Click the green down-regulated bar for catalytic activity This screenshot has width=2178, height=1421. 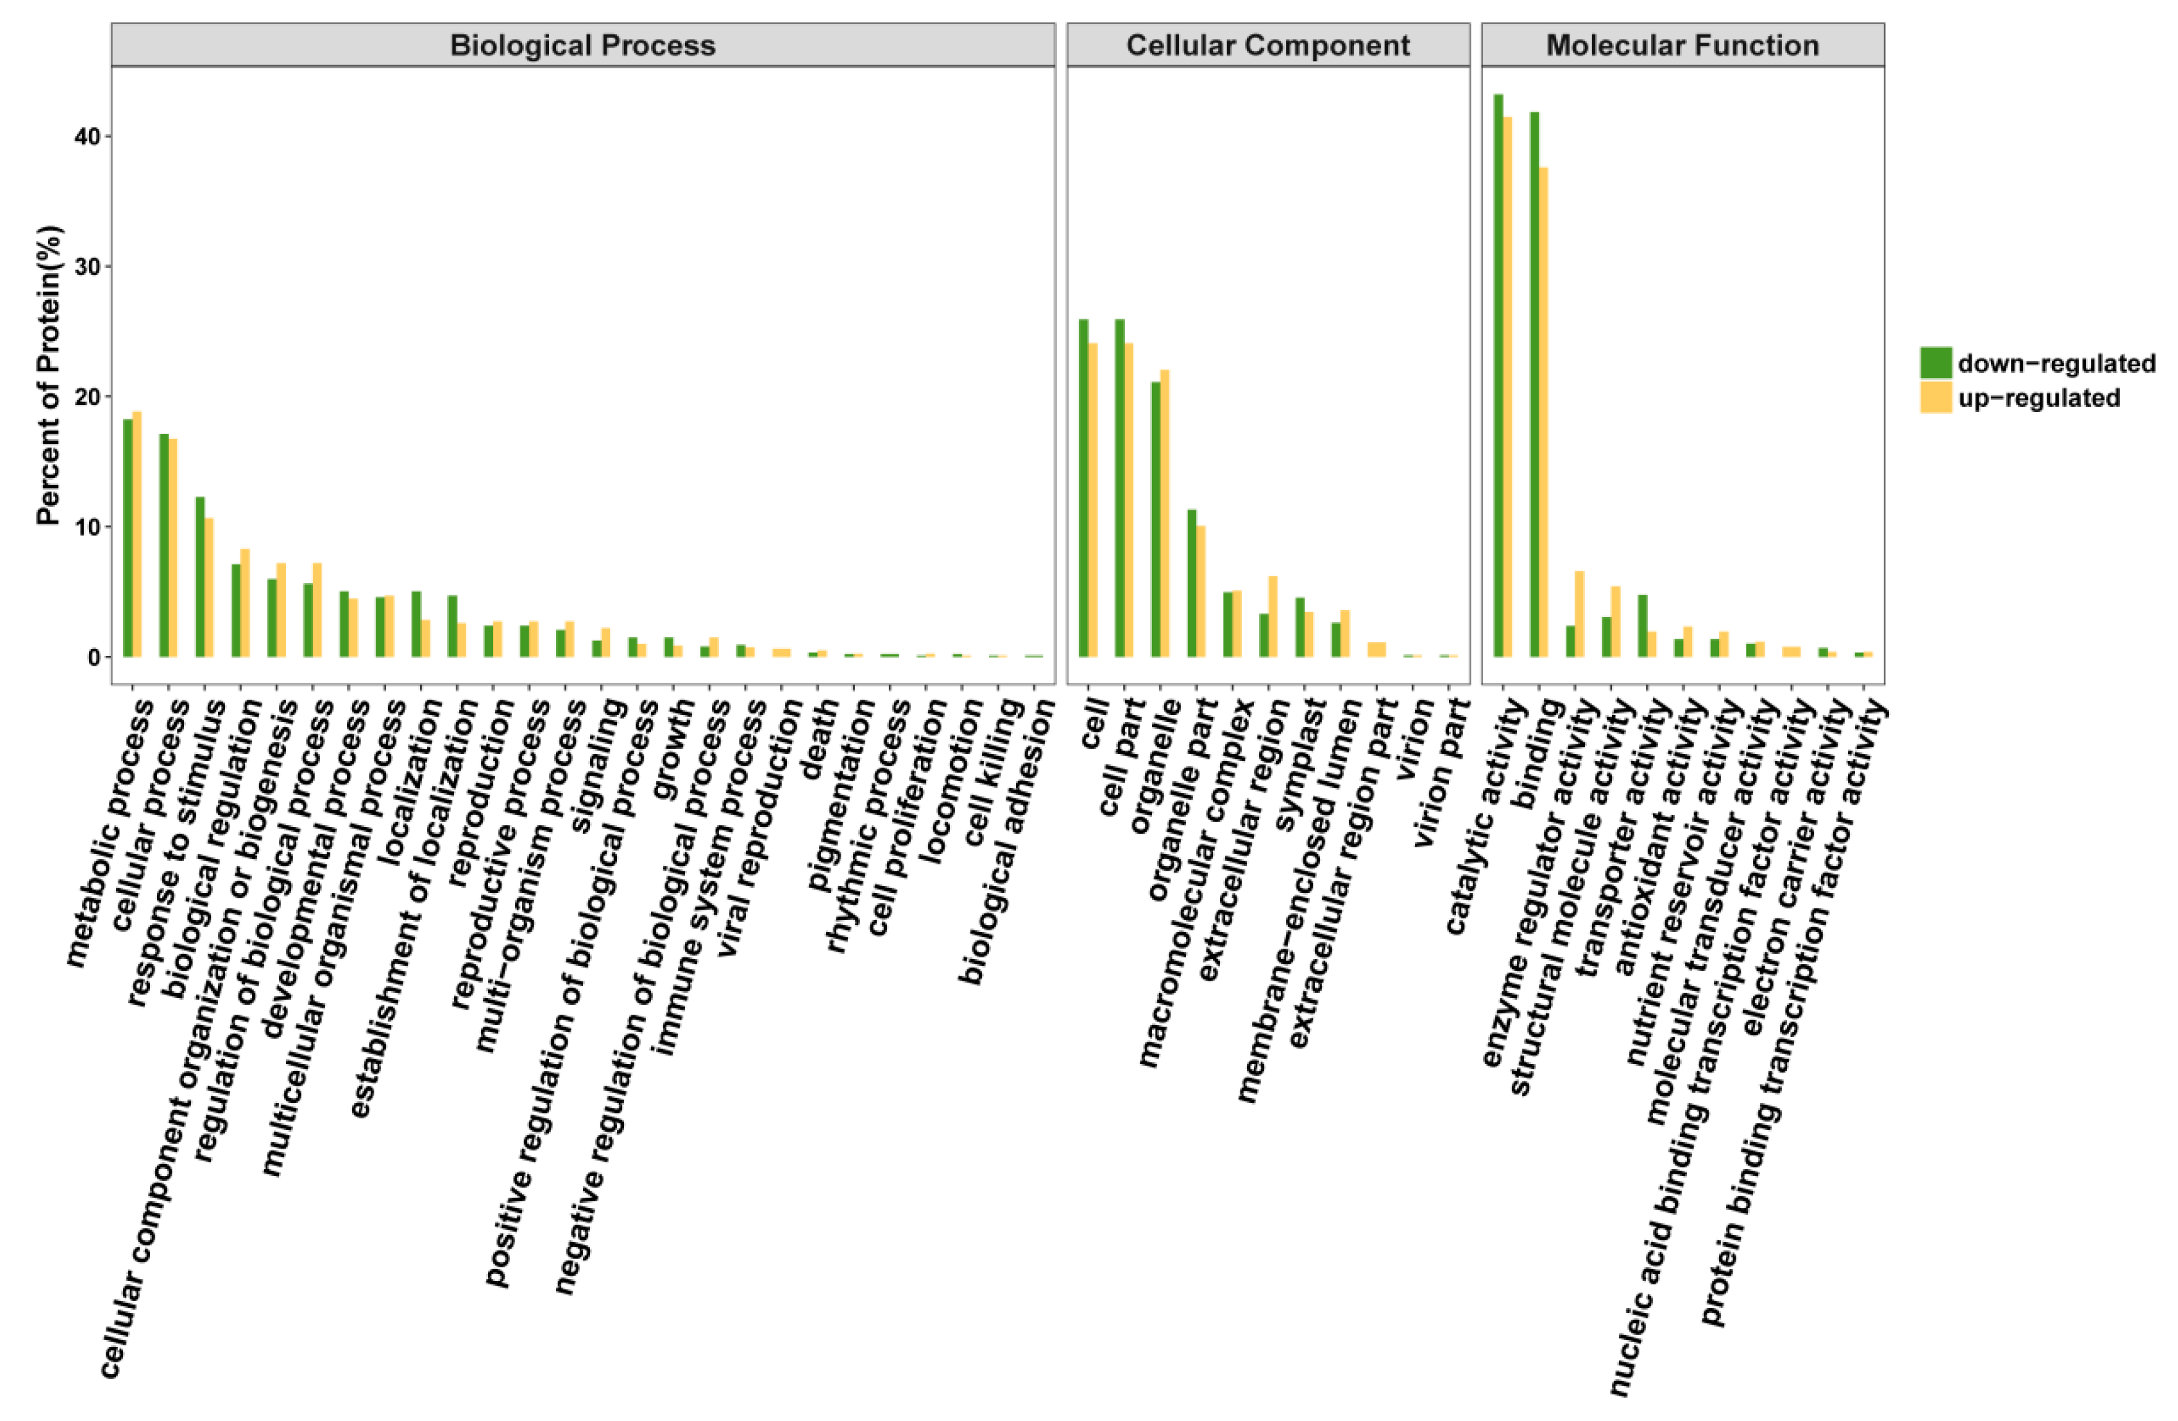pyautogui.click(x=1498, y=375)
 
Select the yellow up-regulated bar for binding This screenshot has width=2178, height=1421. pyautogui.click(x=1544, y=412)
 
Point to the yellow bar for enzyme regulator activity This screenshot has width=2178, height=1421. pyautogui.click(x=1579, y=614)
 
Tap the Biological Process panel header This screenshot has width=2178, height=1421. pyautogui.click(x=583, y=45)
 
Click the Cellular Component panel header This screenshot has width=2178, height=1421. pyautogui.click(x=1268, y=45)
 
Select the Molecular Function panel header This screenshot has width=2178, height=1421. pyautogui.click(x=1682, y=45)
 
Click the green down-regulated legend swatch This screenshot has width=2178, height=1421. pyautogui.click(x=1935, y=363)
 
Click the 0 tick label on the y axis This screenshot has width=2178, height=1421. pyautogui.click(x=95, y=657)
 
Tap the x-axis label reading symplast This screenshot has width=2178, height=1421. pyautogui.click(x=1302, y=764)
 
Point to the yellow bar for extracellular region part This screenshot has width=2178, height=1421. pyautogui.click(x=1376, y=650)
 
